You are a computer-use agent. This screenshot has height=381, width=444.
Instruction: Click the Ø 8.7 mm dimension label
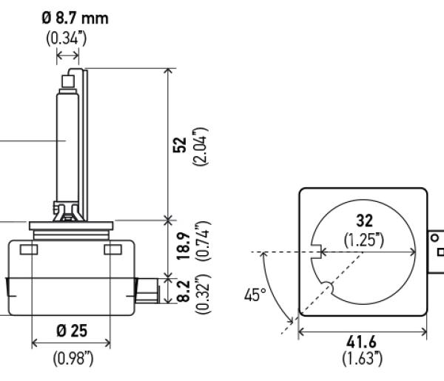75,18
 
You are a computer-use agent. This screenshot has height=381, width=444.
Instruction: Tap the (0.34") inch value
67,38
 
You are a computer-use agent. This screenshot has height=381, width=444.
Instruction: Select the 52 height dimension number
180,145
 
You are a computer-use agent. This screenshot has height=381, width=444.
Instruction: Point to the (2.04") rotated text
201,147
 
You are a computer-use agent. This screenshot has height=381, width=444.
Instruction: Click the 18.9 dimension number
184,246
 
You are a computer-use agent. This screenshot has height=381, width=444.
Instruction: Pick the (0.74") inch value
203,240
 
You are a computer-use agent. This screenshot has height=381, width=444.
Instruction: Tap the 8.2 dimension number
184,291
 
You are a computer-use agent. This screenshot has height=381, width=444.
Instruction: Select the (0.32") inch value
203,294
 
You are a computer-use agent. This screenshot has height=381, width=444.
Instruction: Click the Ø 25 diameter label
72,331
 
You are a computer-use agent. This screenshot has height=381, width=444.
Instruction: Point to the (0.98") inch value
73,358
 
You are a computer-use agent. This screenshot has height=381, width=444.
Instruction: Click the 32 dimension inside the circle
364,220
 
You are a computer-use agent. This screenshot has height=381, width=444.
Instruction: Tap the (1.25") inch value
364,240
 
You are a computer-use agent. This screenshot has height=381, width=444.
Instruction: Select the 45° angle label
255,294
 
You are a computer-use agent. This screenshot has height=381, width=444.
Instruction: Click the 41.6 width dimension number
362,342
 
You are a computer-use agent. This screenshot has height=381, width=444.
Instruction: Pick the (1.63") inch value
362,358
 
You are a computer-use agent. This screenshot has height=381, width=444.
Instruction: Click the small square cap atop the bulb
68,81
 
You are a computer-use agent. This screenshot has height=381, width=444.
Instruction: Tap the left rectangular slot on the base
29,249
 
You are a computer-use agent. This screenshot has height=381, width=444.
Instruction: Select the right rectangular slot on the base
113,249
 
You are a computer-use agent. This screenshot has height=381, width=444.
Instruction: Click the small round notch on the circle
327,287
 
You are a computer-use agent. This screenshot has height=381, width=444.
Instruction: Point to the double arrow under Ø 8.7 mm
67,55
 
